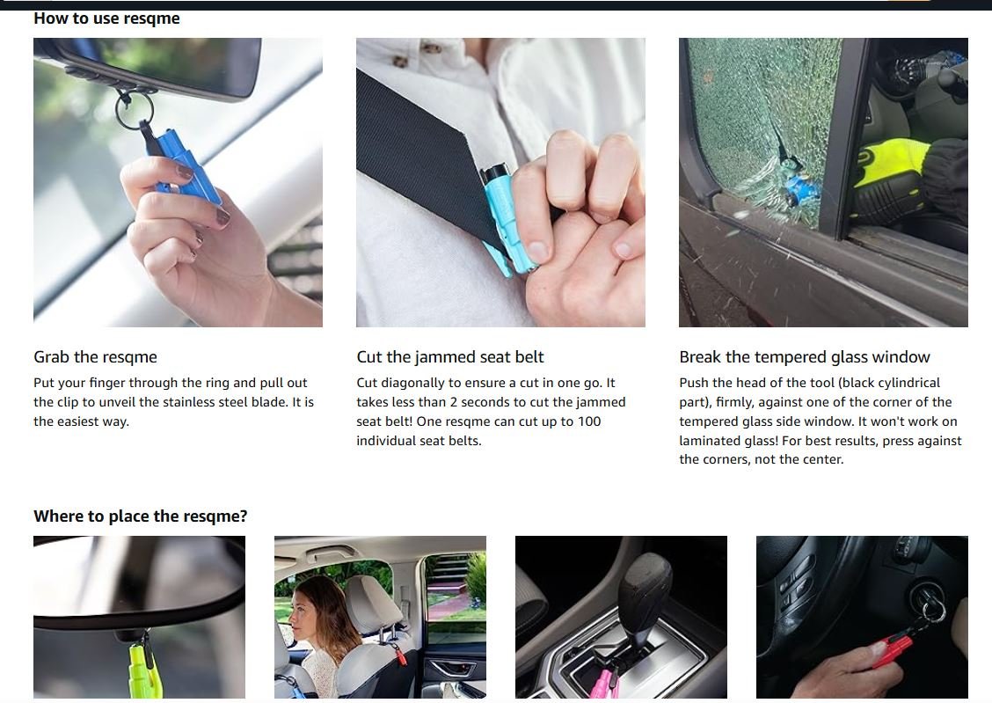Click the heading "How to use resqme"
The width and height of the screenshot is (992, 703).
pyautogui.click(x=106, y=18)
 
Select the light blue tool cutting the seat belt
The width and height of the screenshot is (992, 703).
pyautogui.click(x=505, y=219)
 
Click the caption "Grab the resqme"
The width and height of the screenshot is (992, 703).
pyautogui.click(x=95, y=357)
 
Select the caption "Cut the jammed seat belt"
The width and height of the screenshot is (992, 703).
pyautogui.click(x=449, y=357)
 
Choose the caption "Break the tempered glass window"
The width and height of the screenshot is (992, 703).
pyautogui.click(x=805, y=357)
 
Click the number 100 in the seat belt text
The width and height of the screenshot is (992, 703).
pyautogui.click(x=588, y=421)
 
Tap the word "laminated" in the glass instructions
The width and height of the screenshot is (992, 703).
pyautogui.click(x=708, y=441)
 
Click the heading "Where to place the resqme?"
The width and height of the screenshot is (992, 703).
pyautogui.click(x=141, y=516)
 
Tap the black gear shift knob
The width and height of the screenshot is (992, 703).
pyautogui.click(x=646, y=585)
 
